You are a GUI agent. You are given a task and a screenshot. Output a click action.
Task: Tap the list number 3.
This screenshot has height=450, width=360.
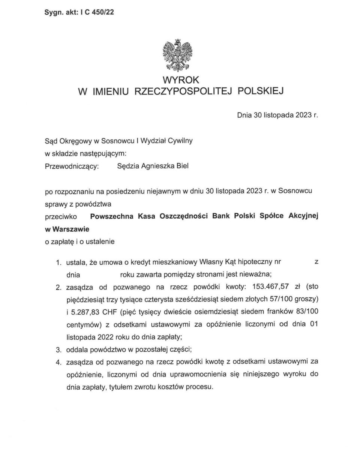click(x=58, y=350)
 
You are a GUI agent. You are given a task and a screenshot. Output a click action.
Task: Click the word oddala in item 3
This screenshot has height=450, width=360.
click(x=76, y=350)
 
